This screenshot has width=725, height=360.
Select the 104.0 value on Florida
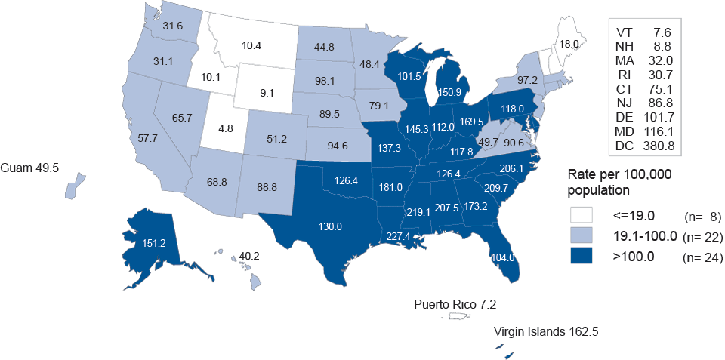click(502, 257)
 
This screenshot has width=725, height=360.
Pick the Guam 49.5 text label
click(29, 167)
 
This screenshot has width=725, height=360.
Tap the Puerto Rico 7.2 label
click(455, 305)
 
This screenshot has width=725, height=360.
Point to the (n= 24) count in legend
click(702, 258)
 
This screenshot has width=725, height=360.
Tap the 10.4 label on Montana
click(252, 46)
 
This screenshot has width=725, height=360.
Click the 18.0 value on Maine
click(567, 45)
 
